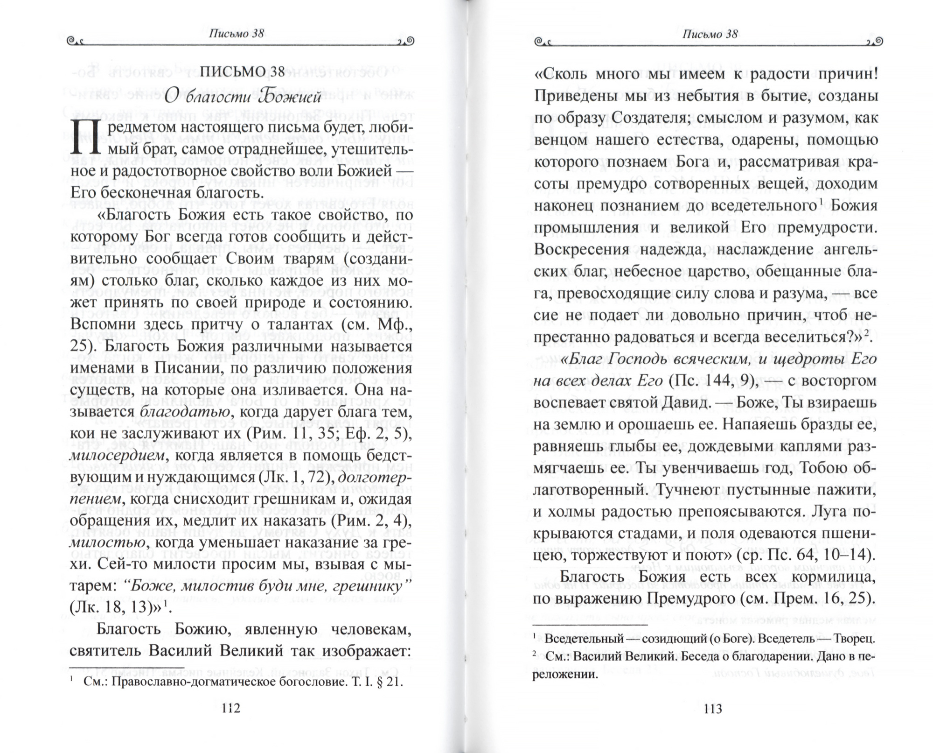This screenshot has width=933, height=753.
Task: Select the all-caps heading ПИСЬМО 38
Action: (x=242, y=71)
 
